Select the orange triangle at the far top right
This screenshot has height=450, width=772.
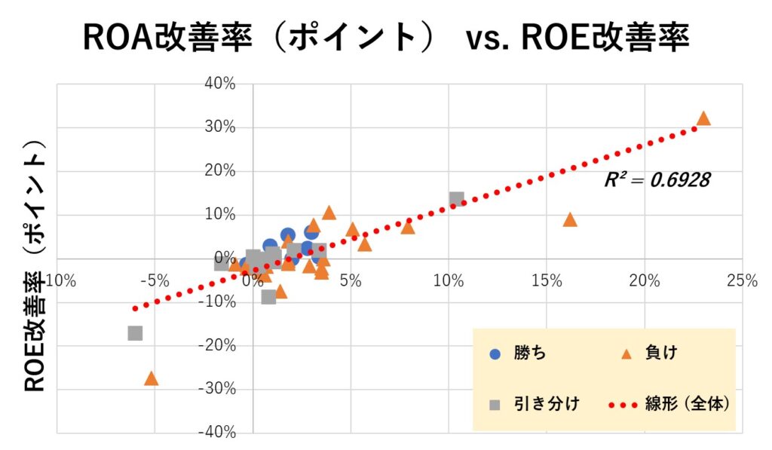click(703, 119)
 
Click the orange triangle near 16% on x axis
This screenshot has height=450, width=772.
click(570, 220)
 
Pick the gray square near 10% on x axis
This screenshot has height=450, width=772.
click(456, 200)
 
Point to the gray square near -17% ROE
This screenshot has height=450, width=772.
click(135, 333)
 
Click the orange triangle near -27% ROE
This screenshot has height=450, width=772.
click(151, 378)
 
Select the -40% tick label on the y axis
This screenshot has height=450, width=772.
click(219, 433)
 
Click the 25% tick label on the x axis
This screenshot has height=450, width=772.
click(743, 280)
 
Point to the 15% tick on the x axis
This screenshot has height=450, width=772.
click(547, 280)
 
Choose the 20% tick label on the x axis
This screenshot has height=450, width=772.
click(645, 280)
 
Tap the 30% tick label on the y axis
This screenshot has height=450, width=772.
click(221, 127)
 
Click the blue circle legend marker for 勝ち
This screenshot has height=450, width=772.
click(495, 354)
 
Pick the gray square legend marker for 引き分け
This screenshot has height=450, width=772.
click(495, 404)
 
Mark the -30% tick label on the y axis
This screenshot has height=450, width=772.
click(219, 389)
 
